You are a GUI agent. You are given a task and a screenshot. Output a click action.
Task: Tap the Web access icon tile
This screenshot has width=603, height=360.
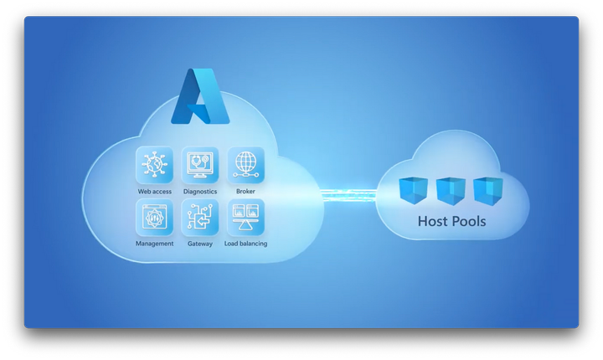pos(155,165)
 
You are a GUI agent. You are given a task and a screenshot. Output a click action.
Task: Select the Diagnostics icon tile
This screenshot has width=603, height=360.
pos(200,165)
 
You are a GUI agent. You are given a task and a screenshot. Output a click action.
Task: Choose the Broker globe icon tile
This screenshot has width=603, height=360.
pos(245,165)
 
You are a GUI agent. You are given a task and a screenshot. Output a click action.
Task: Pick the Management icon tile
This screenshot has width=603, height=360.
pos(155,217)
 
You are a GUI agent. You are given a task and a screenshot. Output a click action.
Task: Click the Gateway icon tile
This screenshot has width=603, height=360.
pos(200,217)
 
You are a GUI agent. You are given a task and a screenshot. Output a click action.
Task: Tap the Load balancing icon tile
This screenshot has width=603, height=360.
pos(245,217)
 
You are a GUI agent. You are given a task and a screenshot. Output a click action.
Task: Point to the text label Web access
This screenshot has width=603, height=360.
pos(155,192)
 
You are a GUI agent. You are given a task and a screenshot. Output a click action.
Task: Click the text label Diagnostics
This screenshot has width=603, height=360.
pos(200,192)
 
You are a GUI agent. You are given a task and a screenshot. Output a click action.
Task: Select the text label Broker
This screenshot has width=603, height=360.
pos(245,192)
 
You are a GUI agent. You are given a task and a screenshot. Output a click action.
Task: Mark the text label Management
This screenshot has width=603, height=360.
pos(155,244)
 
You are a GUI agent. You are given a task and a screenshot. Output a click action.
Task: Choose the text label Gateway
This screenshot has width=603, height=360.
pos(200,244)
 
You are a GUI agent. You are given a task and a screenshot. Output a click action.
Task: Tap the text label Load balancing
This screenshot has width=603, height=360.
pos(245,244)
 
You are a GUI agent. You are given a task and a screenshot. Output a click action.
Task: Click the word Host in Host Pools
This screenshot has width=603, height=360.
pos(433,222)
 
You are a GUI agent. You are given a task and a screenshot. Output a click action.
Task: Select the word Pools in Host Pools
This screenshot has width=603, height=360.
pos(470,222)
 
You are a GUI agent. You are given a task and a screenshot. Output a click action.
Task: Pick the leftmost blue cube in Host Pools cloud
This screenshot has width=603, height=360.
pos(414,191)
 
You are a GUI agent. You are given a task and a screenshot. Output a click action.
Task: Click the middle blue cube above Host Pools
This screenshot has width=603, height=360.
pos(451,191)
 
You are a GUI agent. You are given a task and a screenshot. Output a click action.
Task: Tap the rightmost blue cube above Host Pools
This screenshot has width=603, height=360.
pos(487,191)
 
